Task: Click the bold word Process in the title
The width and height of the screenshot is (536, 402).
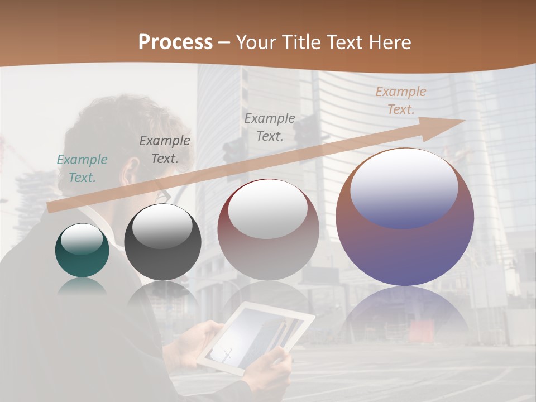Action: point(175,42)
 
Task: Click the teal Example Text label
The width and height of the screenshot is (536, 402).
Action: point(82,168)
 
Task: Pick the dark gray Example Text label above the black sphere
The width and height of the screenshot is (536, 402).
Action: point(164,149)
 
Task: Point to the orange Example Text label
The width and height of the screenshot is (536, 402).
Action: point(400,100)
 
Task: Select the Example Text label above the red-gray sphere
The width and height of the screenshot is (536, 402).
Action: point(270,127)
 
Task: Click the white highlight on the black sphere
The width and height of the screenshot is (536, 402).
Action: point(162,226)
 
